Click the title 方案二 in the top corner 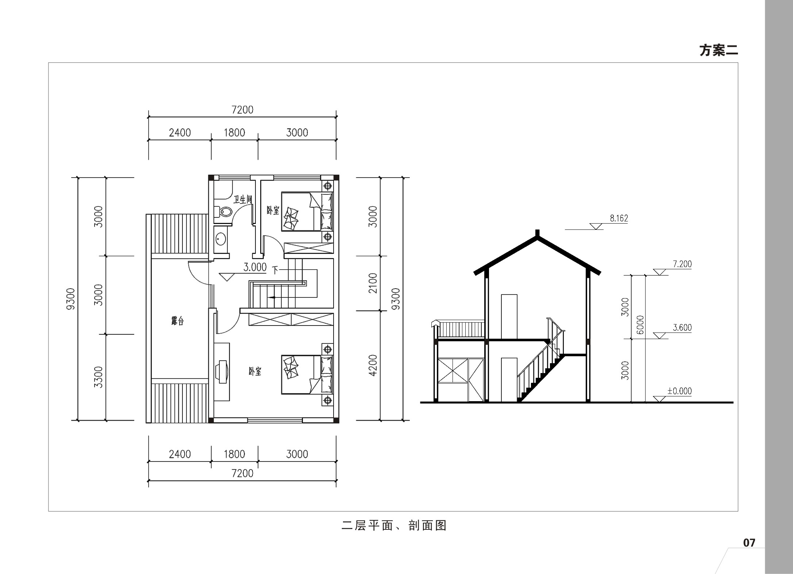click(719, 50)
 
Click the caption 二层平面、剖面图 click(394, 525)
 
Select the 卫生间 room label click(243, 199)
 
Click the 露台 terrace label click(177, 321)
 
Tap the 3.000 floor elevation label click(255, 267)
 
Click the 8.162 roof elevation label click(619, 218)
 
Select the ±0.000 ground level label click(680, 391)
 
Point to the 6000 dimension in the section click(640, 325)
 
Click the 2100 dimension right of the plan click(372, 283)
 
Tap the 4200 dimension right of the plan click(372, 365)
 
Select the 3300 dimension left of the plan click(98, 377)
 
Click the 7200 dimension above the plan click(242, 110)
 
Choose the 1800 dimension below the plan click(234, 454)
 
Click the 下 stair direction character click(275, 270)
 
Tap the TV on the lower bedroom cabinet click(223, 372)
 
